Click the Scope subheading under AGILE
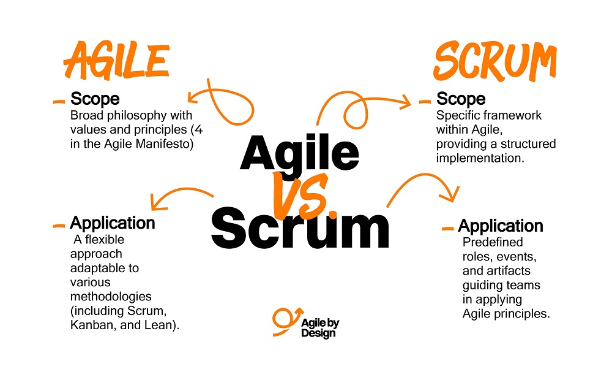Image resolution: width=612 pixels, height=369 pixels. coord(95,99)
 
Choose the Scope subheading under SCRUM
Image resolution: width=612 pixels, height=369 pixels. coord(460,99)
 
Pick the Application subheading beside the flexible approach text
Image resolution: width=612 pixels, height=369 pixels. coord(113,223)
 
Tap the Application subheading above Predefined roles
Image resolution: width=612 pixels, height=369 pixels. coord(501,226)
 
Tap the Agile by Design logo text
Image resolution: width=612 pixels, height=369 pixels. coord(318,322)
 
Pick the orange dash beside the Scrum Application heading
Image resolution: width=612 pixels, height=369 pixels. coord(447,229)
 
